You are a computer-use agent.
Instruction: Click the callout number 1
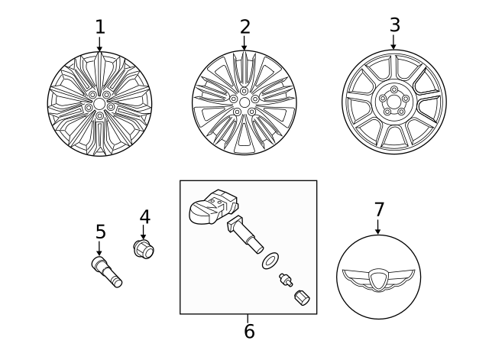(x=99, y=28)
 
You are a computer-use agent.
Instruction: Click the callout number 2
(x=244, y=28)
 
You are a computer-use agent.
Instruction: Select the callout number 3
(x=394, y=25)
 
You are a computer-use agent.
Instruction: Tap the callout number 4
(x=144, y=218)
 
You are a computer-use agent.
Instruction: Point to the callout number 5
(x=100, y=232)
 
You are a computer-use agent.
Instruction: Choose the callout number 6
(x=249, y=332)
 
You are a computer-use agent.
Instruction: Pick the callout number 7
(x=379, y=209)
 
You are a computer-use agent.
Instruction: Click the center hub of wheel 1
(x=99, y=103)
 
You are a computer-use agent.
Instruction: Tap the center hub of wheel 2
(x=244, y=102)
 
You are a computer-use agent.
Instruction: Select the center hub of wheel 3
(x=393, y=100)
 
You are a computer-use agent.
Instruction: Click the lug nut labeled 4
(x=144, y=248)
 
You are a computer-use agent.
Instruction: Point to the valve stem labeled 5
(x=106, y=272)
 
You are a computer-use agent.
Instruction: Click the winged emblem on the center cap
(x=378, y=279)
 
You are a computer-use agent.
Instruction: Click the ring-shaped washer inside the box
(x=270, y=261)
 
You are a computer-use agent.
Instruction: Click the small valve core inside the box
(x=286, y=280)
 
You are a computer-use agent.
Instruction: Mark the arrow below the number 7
(x=377, y=227)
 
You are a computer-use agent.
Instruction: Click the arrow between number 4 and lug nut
(x=144, y=232)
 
